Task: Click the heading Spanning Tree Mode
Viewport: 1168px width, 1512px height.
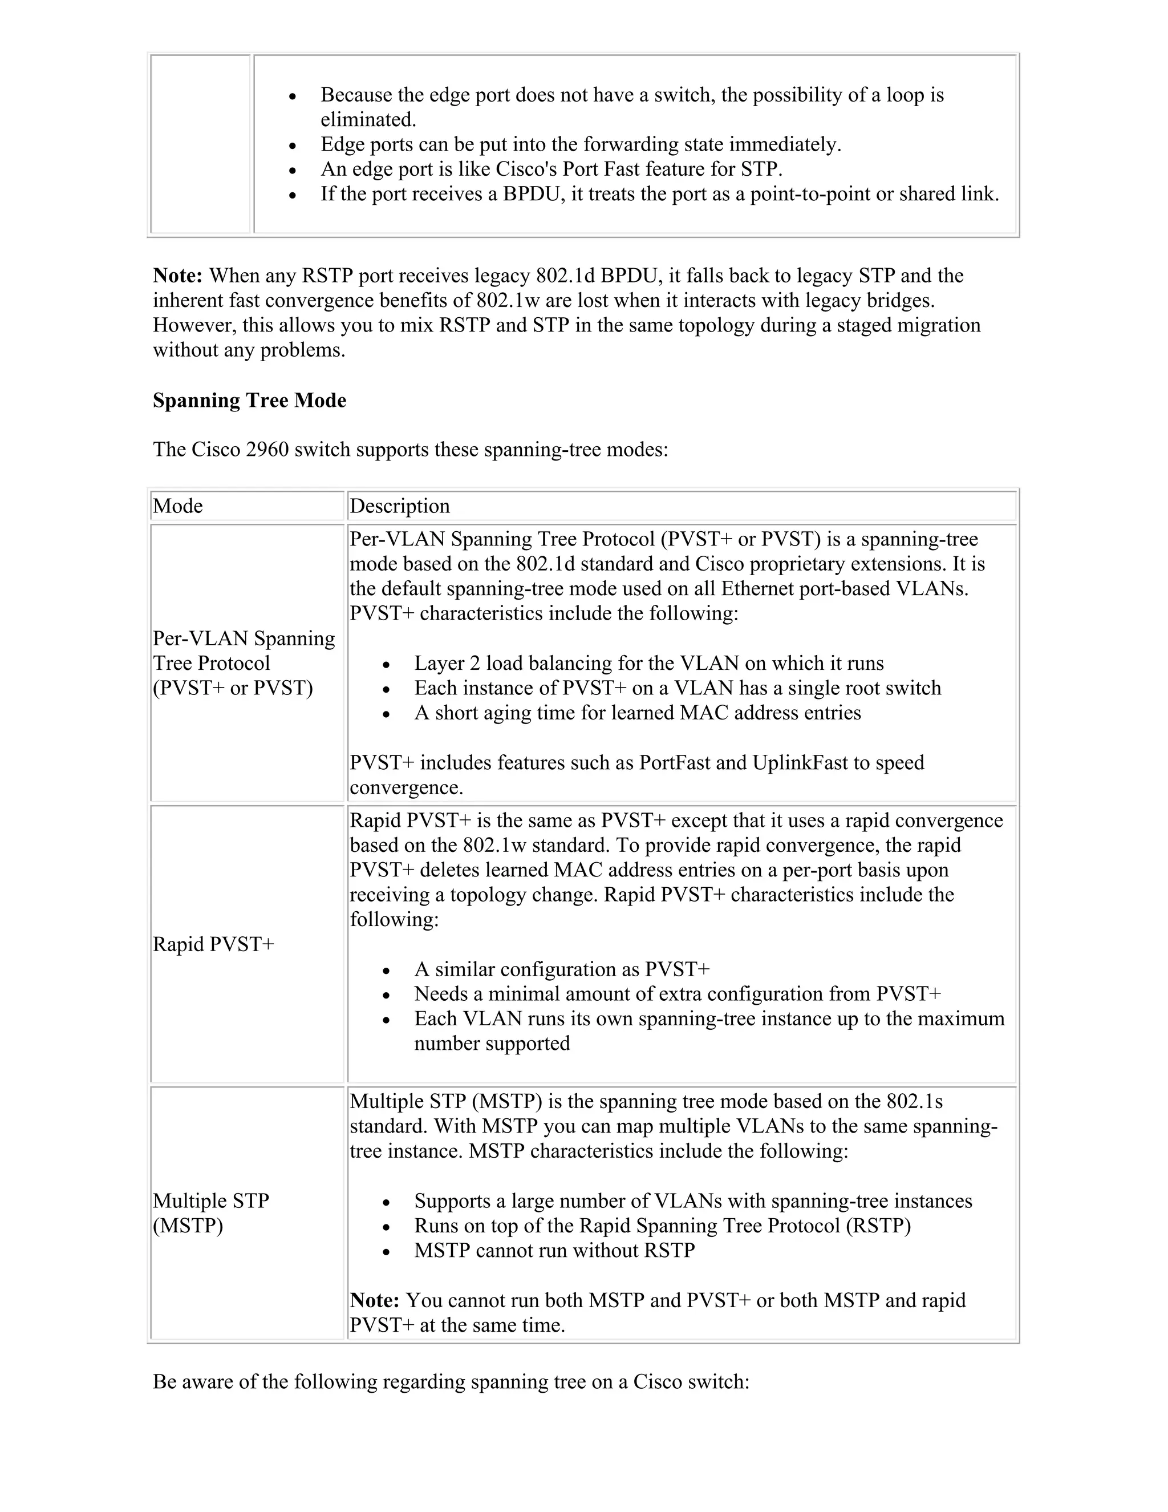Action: tap(249, 401)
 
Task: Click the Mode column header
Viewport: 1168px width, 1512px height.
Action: tap(178, 506)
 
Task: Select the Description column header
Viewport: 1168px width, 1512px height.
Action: tap(399, 506)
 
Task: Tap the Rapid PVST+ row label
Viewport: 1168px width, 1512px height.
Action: tap(213, 944)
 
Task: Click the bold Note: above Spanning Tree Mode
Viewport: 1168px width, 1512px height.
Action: tap(177, 276)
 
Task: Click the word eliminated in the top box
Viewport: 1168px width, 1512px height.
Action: tap(367, 120)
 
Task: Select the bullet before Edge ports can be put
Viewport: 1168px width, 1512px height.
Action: tap(293, 146)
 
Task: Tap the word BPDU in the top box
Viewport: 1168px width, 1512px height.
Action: tap(532, 195)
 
